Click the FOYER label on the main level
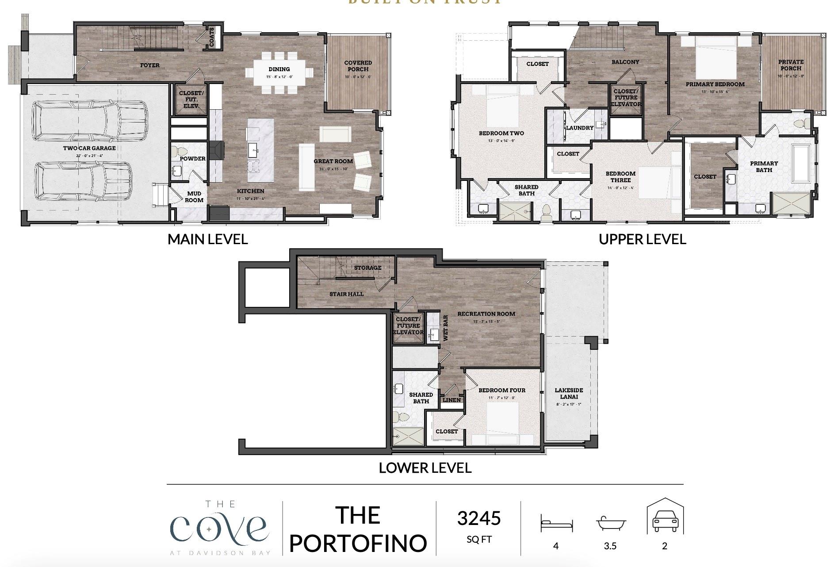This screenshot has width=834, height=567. coord(150,65)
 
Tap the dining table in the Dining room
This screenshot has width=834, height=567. coord(279,73)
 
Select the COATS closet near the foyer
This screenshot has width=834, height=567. coord(212,37)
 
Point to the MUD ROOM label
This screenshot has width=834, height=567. coord(194,197)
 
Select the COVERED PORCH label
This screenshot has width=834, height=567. coord(358,66)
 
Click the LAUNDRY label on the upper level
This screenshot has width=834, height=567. coord(580,128)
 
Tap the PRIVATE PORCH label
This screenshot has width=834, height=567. coord(791,65)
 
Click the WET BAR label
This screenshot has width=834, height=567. coord(445,327)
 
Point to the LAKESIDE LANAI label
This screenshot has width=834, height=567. coord(569,394)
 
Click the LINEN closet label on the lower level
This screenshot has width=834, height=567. coord(452,400)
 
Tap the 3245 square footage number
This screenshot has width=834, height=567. coord(479,518)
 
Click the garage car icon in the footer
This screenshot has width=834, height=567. coord(665,519)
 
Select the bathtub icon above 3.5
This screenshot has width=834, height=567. coord(610,523)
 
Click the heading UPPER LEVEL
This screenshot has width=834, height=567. coord(642,239)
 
